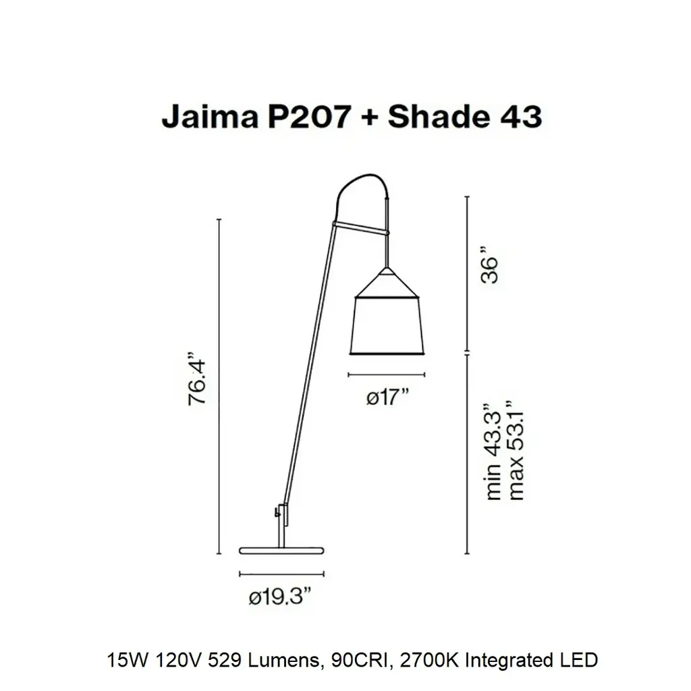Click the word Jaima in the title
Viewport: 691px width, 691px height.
tap(210, 117)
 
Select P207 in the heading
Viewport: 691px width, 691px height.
tap(309, 117)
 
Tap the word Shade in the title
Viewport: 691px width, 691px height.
tap(439, 117)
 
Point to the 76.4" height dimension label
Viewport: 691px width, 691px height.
tap(197, 379)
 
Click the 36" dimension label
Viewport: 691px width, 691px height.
tap(490, 265)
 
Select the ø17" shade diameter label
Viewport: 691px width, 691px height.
tap(388, 397)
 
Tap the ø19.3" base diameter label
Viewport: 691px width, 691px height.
tap(280, 597)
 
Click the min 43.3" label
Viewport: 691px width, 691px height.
tap(493, 451)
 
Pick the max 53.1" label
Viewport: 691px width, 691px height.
tap(516, 450)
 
